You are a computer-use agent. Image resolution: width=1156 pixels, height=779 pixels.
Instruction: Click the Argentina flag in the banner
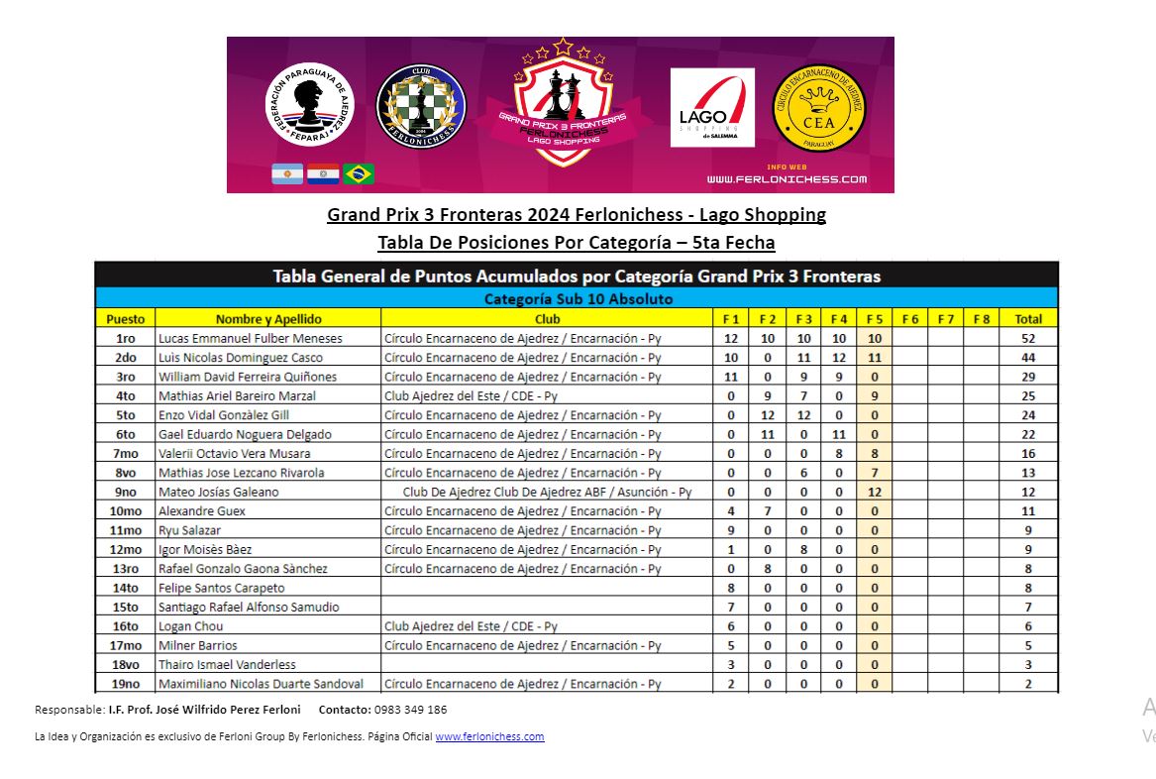(287, 174)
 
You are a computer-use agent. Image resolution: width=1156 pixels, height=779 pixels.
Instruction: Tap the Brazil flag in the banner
(359, 174)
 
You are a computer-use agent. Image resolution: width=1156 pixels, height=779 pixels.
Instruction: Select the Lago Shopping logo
(712, 108)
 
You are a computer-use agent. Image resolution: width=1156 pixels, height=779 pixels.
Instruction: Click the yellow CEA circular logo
(818, 109)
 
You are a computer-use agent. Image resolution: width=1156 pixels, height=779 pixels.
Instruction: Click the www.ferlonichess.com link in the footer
(489, 736)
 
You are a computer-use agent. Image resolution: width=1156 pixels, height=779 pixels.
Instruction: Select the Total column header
(1028, 319)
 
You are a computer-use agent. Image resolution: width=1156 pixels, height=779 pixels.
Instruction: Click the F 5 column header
(874, 319)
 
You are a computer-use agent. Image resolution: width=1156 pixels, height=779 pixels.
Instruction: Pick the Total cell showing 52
(1028, 338)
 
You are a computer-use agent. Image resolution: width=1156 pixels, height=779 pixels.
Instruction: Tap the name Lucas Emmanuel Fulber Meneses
(251, 338)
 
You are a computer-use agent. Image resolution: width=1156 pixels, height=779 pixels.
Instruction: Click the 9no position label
(125, 492)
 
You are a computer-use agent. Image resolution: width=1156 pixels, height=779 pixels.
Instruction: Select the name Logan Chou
(191, 626)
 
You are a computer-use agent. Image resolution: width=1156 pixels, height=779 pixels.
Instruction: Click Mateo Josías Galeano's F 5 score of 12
(874, 492)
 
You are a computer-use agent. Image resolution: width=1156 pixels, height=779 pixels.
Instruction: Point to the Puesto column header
(125, 319)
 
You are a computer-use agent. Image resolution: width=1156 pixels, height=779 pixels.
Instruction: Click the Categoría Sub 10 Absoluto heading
(578, 298)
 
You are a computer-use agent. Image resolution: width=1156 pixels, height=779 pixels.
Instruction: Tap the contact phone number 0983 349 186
(411, 710)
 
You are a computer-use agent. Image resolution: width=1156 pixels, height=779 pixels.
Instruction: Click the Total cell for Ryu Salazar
(1028, 530)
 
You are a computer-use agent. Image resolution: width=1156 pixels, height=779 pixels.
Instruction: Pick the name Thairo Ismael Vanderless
(227, 664)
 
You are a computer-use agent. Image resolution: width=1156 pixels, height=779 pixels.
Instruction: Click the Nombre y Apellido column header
(268, 319)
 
